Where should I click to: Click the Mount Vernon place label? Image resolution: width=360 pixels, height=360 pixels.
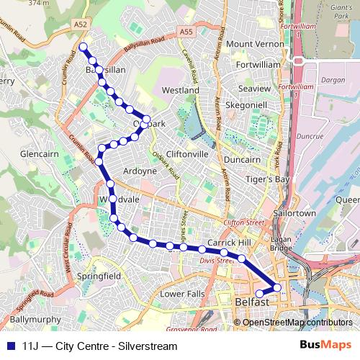pyautogui.click(x=256, y=44)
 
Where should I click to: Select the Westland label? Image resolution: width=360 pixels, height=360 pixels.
pyautogui.click(x=180, y=91)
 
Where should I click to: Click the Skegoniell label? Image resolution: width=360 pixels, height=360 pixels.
pyautogui.click(x=246, y=104)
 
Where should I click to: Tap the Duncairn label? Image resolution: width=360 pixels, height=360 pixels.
pyautogui.click(x=242, y=159)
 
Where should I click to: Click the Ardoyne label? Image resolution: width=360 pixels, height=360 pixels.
pyautogui.click(x=140, y=171)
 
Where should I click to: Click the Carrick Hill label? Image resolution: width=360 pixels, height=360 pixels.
pyautogui.click(x=228, y=242)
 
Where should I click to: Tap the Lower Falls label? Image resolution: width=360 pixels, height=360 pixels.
pyautogui.click(x=183, y=294)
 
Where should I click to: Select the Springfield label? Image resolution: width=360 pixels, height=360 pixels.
pyautogui.click(x=101, y=276)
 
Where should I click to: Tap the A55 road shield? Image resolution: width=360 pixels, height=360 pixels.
pyautogui.click(x=186, y=32)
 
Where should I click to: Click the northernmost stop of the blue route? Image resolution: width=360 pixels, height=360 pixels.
pyautogui.click(x=83, y=47)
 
